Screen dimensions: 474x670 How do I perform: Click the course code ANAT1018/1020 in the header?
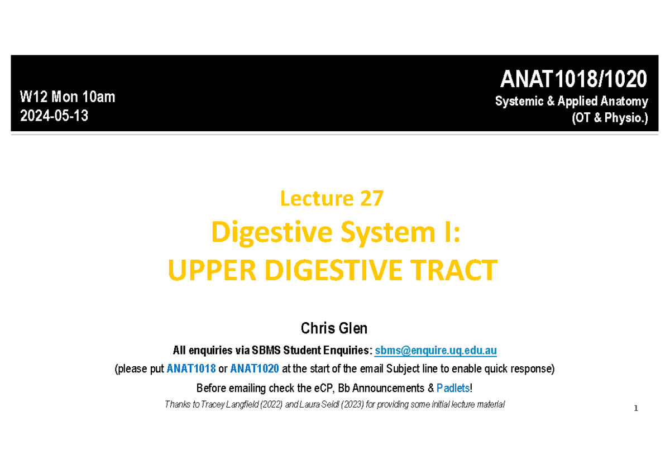pyautogui.click(x=573, y=80)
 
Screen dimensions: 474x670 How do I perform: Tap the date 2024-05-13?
pyautogui.click(x=54, y=116)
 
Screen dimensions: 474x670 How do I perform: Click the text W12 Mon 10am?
pyautogui.click(x=67, y=97)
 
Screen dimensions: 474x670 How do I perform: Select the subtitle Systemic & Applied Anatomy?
pyautogui.click(x=572, y=101)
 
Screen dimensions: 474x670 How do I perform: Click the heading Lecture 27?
pyautogui.click(x=332, y=198)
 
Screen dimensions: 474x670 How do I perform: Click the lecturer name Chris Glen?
pyautogui.click(x=334, y=328)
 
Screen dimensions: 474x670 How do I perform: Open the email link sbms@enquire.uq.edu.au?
pyautogui.click(x=435, y=351)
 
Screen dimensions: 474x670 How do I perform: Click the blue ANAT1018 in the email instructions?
pyautogui.click(x=191, y=369)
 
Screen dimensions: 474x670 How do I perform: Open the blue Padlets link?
pyautogui.click(x=453, y=388)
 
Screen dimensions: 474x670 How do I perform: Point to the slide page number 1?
pyautogui.click(x=635, y=409)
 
